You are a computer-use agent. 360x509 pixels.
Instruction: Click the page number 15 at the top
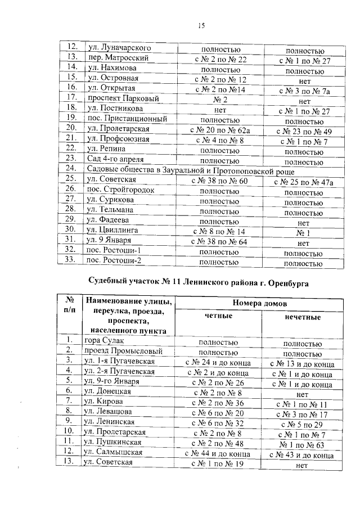click(x=201, y=25)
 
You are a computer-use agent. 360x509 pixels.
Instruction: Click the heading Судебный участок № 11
click(x=200, y=280)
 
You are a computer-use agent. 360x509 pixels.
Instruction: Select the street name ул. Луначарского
click(x=115, y=48)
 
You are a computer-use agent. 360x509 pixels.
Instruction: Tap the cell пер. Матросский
click(x=116, y=58)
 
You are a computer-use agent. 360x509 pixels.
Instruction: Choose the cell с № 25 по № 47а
click(x=304, y=182)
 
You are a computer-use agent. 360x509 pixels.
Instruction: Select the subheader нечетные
click(x=303, y=317)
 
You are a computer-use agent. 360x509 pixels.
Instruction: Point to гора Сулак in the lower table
click(x=103, y=340)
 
